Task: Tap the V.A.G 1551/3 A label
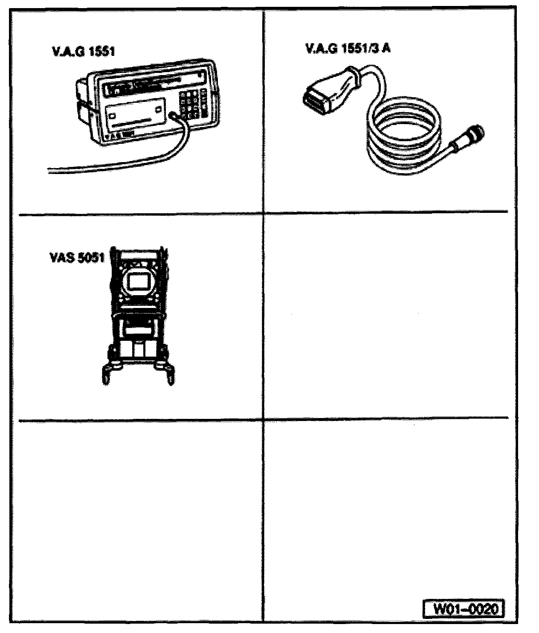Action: tap(348, 48)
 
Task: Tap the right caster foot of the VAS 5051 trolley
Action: tap(170, 375)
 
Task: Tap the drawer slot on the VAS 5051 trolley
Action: tap(138, 331)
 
